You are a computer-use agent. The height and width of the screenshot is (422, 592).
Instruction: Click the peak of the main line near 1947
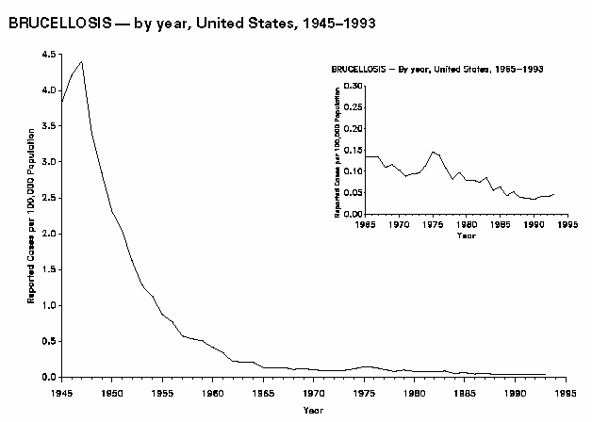[82, 62]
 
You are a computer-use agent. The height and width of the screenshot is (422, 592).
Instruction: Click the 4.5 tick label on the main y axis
[47, 55]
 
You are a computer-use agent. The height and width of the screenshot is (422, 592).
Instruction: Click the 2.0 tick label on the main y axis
[47, 234]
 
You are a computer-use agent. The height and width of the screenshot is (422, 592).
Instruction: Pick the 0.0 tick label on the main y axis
[47, 377]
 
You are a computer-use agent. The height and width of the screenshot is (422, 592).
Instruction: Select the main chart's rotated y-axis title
[30, 217]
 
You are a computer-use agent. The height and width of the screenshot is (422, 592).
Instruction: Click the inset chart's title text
[437, 70]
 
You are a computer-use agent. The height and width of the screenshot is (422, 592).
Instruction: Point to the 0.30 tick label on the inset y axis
[352, 86]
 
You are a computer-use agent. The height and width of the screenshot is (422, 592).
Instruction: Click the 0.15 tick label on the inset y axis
[352, 150]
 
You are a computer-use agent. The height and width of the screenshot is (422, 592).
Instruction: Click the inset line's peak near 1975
[432, 151]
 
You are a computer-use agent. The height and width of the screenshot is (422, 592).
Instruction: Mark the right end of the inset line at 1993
[553, 193]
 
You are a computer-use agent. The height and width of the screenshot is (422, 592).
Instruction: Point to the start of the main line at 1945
[62, 102]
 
